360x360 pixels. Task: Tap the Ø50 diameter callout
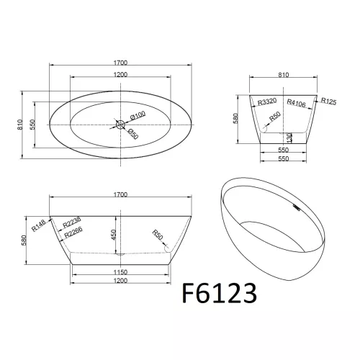(x=133, y=132)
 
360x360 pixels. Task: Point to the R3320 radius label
(x=268, y=103)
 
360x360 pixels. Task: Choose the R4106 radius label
(x=297, y=103)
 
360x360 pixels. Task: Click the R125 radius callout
(x=330, y=101)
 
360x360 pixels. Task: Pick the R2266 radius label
(x=73, y=233)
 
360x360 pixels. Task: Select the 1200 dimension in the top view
(x=120, y=75)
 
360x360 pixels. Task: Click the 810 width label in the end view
(x=282, y=74)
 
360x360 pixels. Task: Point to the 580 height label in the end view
(x=235, y=118)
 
